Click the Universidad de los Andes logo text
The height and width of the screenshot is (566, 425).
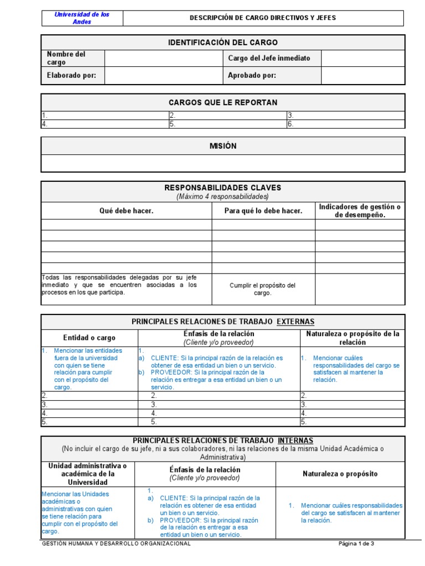82,18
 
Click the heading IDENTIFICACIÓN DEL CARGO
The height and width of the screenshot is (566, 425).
222,43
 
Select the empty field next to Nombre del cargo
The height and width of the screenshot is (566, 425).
164,59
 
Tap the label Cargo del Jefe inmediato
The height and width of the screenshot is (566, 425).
269,58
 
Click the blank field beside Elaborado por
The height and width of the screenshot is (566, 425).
164,76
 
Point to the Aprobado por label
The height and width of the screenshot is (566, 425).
252,76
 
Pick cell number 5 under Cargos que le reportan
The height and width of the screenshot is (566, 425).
227,124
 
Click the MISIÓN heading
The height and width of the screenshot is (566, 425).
222,146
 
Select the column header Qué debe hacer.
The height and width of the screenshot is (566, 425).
126,211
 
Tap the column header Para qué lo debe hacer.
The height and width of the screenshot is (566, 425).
263,211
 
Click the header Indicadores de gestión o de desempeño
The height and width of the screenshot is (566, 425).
360,211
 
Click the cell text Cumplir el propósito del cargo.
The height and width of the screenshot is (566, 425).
263,289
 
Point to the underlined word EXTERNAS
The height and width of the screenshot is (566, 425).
296,322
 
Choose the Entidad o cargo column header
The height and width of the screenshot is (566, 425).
89,338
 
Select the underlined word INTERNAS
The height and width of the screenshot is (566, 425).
295,441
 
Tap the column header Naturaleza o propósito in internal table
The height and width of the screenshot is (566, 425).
340,474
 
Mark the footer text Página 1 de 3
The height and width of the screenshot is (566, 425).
356,543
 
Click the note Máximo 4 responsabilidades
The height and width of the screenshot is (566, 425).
222,196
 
